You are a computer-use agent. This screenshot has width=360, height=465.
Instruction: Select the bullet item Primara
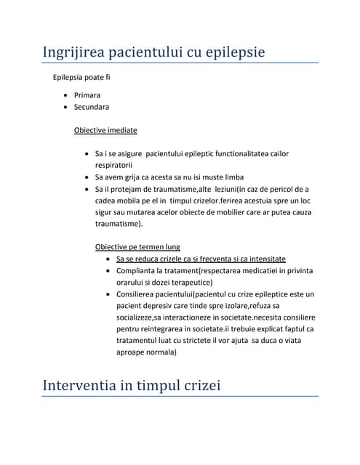(x=87, y=95)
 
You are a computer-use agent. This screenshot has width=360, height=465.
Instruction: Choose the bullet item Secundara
(x=92, y=107)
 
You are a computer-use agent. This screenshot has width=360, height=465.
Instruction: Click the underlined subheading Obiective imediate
(x=105, y=131)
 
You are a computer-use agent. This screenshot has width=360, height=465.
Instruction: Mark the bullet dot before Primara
(x=66, y=95)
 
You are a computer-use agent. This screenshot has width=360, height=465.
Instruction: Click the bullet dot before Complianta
(x=108, y=271)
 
